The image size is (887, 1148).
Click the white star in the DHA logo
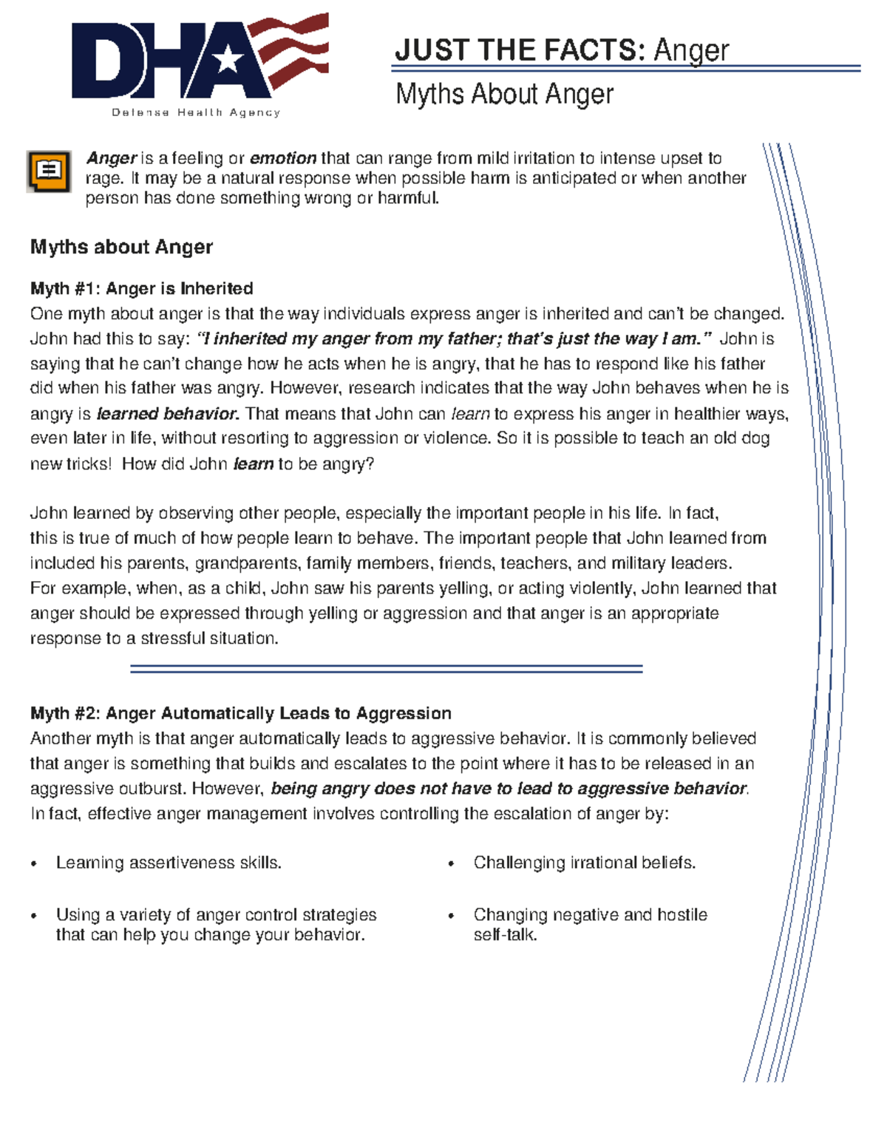(229, 58)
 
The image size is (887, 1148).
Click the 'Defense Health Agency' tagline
(196, 112)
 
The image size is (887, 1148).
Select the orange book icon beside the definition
(49, 171)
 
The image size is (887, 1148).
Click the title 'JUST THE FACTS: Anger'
(562, 50)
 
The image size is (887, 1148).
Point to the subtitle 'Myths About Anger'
(504, 95)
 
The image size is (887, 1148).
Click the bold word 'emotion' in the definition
(283, 158)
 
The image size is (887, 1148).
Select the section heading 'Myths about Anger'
(121, 247)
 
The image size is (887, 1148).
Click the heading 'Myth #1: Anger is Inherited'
(141, 288)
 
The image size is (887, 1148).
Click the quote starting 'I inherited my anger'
(455, 339)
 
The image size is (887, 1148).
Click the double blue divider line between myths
(386, 668)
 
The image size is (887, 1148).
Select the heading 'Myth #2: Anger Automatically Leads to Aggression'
(240, 713)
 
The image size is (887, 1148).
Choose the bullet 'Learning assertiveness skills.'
(169, 863)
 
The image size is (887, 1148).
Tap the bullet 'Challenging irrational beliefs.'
(584, 863)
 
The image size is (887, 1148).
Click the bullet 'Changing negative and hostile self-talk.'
(589, 924)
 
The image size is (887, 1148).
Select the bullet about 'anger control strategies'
(216, 924)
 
